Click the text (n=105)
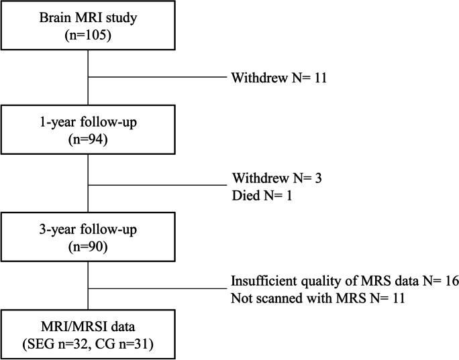tap(89, 35)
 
